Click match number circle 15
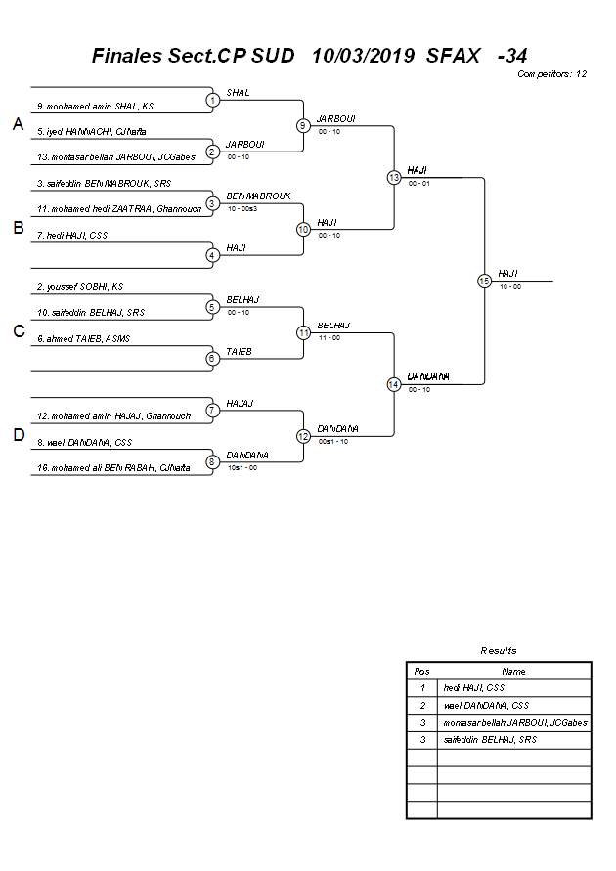tap(484, 281)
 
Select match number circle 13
tap(393, 177)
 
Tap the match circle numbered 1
tap(212, 100)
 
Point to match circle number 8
tap(212, 461)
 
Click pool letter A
tap(18, 124)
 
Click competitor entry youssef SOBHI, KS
tap(80, 287)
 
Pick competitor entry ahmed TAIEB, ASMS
tap(83, 338)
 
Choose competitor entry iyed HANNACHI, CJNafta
tap(92, 131)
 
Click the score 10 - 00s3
tap(242, 208)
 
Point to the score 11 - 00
tap(329, 337)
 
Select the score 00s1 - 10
tap(333, 441)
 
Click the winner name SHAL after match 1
tap(238, 93)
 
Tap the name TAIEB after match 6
tap(239, 351)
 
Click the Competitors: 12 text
tap(551, 74)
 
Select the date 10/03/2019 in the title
tap(363, 56)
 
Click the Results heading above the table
tap(499, 650)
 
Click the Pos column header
tap(421, 672)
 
